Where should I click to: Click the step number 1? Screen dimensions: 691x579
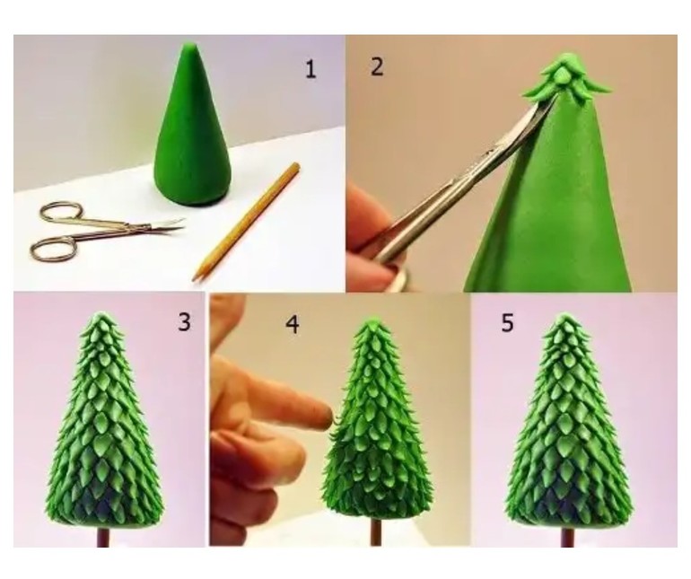point(311,70)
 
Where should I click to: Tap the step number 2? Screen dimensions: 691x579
point(377,67)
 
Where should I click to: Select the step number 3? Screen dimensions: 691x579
point(184,322)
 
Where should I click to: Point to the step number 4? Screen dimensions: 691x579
point(293,325)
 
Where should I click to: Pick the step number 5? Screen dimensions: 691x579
point(507,323)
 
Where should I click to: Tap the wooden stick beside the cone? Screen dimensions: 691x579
point(247,222)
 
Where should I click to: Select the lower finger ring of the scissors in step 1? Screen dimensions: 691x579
point(52,249)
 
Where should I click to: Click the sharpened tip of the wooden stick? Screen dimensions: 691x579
point(196,277)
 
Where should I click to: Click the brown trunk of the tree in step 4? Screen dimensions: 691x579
point(376,532)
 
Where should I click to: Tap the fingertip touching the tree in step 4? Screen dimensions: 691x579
point(325,414)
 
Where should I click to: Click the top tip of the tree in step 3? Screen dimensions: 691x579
point(101,314)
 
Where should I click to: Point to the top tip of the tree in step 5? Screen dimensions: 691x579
point(564,315)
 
